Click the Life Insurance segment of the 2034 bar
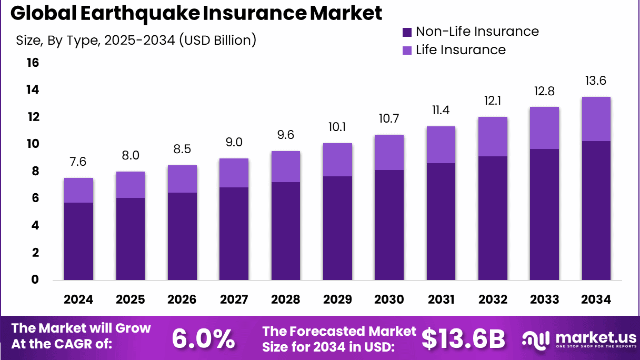click(596, 119)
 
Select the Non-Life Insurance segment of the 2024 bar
click(78, 241)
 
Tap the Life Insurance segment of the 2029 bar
click(337, 159)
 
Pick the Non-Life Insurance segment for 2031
click(441, 221)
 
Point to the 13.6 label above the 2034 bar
click(596, 81)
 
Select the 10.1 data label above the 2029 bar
click(337, 127)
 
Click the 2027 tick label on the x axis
click(234, 299)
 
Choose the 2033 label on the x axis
click(544, 299)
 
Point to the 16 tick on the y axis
click(33, 63)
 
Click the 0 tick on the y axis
click(35, 280)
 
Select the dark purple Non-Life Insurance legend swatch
click(407, 32)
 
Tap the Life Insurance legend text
click(461, 50)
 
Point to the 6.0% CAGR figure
click(203, 339)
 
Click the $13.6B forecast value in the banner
click(463, 339)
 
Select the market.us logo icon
click(536, 339)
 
